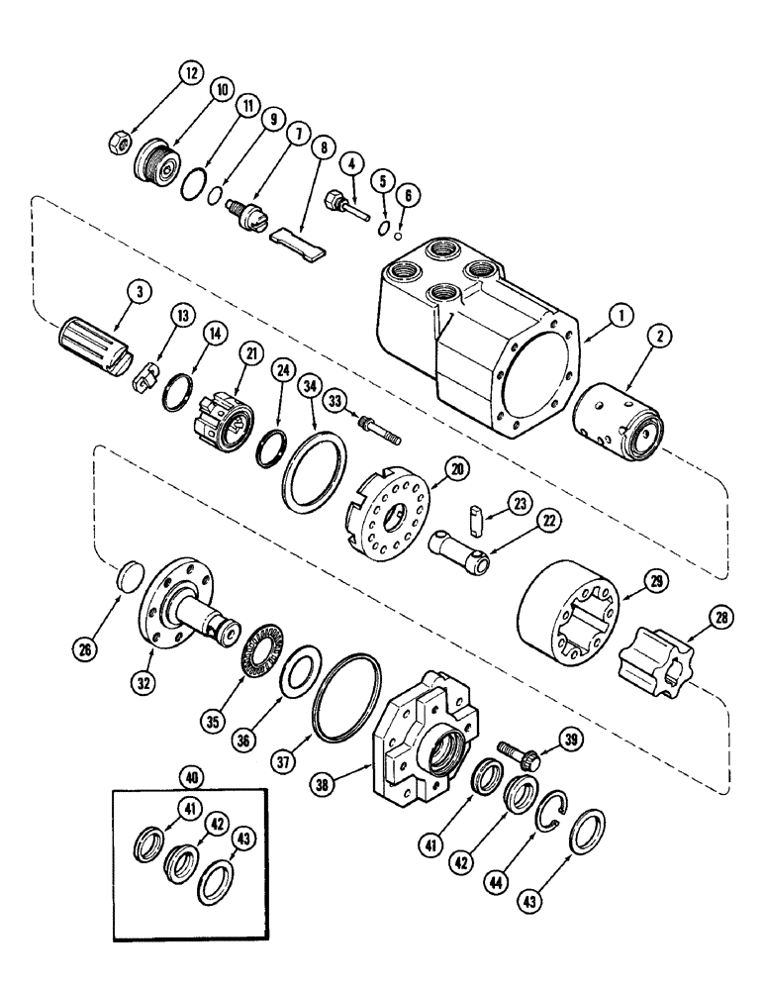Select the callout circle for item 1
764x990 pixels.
621,315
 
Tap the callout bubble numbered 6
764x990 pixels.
403,196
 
